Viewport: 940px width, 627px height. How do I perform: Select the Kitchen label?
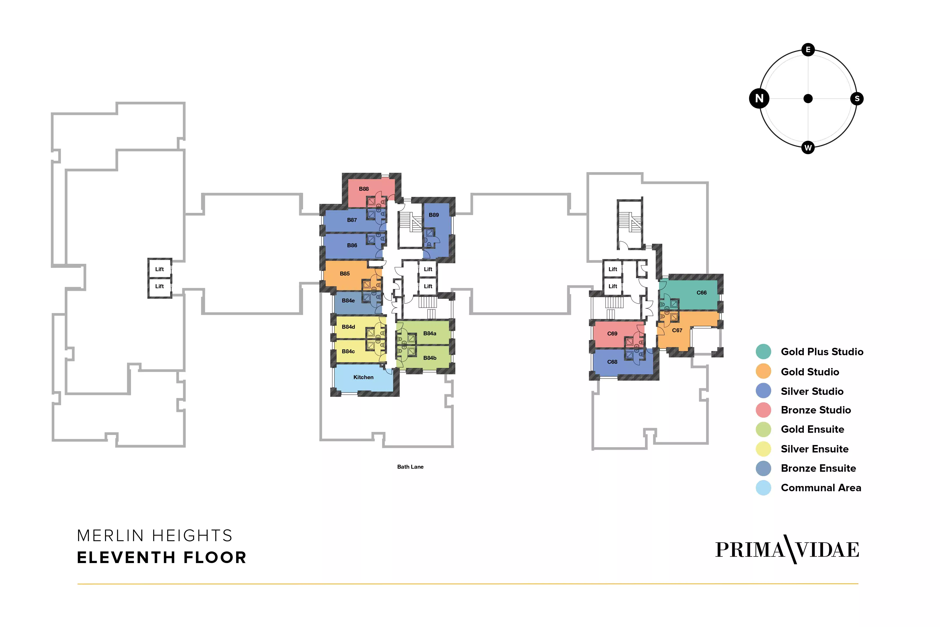click(363, 377)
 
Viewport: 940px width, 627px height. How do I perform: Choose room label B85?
click(345, 274)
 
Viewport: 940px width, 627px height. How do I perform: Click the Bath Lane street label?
click(410, 467)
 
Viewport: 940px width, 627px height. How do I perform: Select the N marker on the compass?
click(759, 98)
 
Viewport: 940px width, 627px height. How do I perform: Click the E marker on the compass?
click(808, 49)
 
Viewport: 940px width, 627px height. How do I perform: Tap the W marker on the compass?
click(808, 148)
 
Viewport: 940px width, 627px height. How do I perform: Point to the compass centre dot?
click(808, 98)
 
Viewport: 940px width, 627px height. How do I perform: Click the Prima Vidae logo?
click(787, 549)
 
